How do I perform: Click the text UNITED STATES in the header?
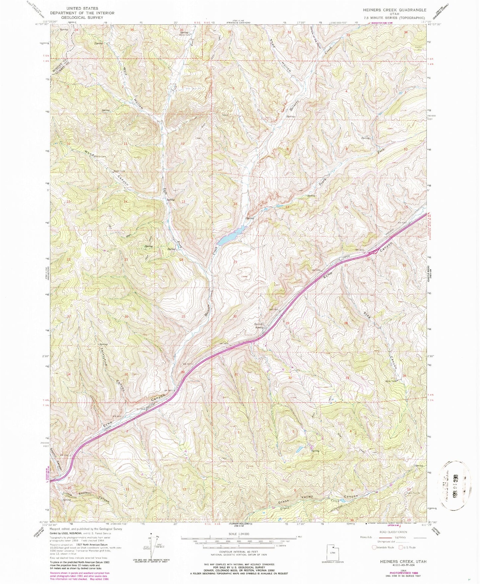pyautogui.click(x=82, y=8)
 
